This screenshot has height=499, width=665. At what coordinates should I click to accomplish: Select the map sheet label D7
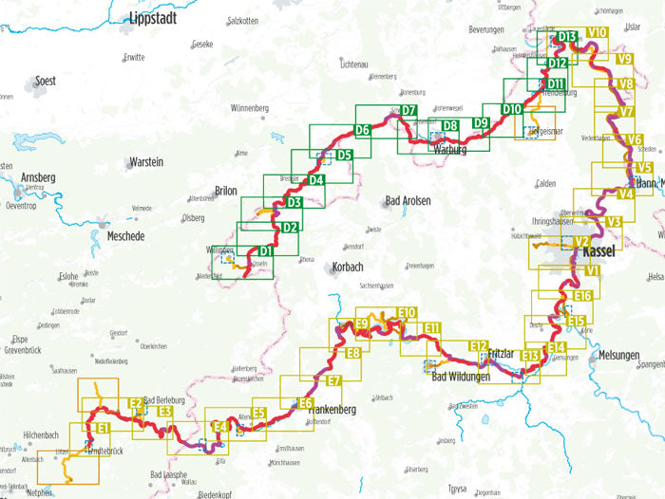pyautogui.click(x=408, y=111)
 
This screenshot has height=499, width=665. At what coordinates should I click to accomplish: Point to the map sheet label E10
pyautogui.click(x=407, y=313)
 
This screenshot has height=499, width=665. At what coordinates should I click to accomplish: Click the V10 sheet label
pyautogui.click(x=598, y=32)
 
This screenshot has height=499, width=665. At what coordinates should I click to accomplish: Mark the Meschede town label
pyautogui.click(x=126, y=236)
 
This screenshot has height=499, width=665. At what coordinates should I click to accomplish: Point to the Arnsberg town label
pyautogui.click(x=39, y=177)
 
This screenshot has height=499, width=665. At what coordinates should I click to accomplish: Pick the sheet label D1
pyautogui.click(x=266, y=250)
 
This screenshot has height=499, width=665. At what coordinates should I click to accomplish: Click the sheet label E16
pyautogui.click(x=582, y=296)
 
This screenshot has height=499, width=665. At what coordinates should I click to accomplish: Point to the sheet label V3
pyautogui.click(x=613, y=222)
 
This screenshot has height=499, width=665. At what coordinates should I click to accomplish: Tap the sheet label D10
pyautogui.click(x=512, y=110)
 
